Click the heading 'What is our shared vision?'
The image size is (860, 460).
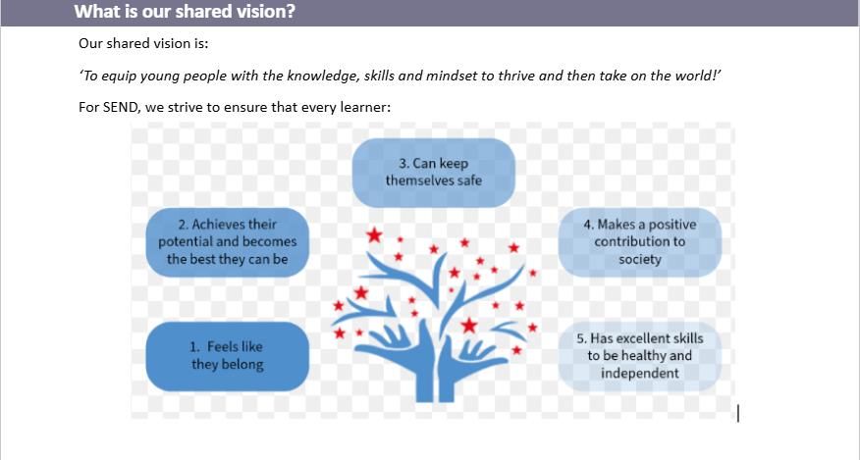point(185,11)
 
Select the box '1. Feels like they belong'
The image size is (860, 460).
point(228,356)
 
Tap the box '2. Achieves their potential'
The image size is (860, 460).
point(228,242)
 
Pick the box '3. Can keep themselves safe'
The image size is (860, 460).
point(434,173)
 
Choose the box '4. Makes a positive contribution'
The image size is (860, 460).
point(640,242)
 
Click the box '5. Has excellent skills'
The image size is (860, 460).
point(640,356)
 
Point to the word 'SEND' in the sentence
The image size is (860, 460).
point(120,107)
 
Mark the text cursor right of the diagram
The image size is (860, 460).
point(738,413)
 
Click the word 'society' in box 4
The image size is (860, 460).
point(640,259)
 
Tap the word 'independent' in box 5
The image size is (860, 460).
point(640,374)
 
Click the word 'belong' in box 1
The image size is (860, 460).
point(244,365)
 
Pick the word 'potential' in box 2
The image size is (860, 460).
point(186,242)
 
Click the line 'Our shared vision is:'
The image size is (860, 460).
point(143,43)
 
